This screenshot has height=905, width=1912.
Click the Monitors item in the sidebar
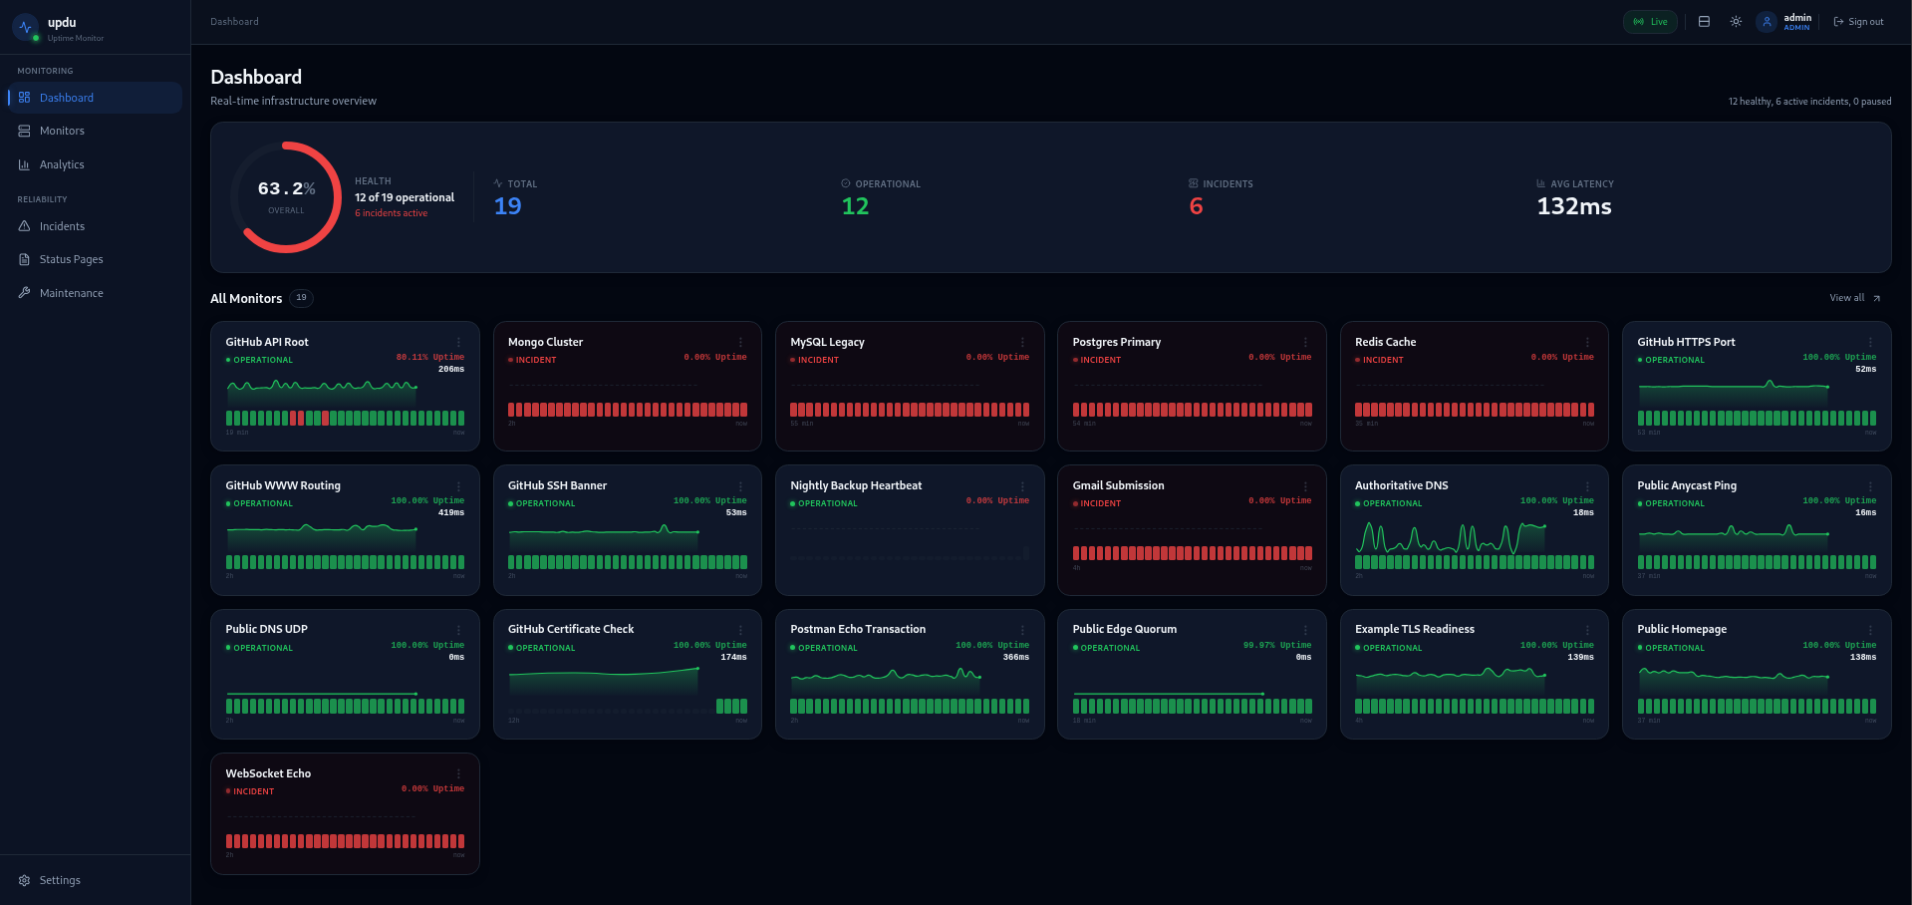pyautogui.click(x=61, y=131)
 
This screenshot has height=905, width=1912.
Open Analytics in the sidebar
pyautogui.click(x=61, y=164)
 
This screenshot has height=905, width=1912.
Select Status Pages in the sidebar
pyautogui.click(x=71, y=259)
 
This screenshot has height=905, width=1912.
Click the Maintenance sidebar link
pyautogui.click(x=71, y=293)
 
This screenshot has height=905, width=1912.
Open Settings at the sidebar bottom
pyautogui.click(x=59, y=880)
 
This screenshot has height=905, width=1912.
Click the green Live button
pyautogui.click(x=1650, y=22)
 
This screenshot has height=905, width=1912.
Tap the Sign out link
pyautogui.click(x=1858, y=22)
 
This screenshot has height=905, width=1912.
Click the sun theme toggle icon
pyautogui.click(x=1736, y=22)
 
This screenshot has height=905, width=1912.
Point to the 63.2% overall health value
pyautogui.click(x=286, y=188)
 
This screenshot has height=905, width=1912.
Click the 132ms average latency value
pyautogui.click(x=1573, y=206)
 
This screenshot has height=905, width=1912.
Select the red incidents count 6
pyautogui.click(x=1196, y=206)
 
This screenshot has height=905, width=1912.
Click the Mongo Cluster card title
pyautogui.click(x=545, y=342)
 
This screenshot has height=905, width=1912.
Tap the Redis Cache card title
pyautogui.click(x=1385, y=342)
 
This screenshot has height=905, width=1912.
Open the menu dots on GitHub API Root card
pyautogui.click(x=458, y=342)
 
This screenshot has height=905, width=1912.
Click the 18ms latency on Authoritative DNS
pyautogui.click(x=1582, y=512)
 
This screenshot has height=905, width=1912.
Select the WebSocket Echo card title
pyautogui.click(x=268, y=773)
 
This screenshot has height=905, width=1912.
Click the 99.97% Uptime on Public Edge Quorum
pyautogui.click(x=1276, y=645)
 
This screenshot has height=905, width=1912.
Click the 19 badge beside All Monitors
pyautogui.click(x=301, y=298)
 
